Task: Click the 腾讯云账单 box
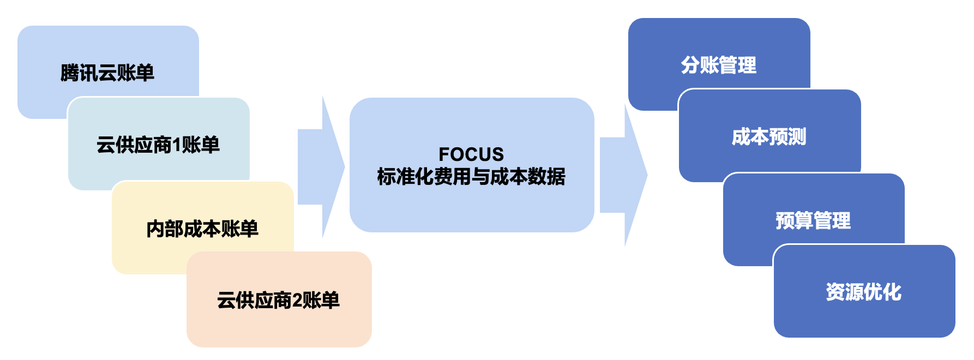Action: (107, 72)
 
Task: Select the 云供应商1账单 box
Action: (158, 145)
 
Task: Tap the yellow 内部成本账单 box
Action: (202, 229)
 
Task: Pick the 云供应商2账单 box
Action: (279, 300)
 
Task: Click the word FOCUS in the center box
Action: (471, 154)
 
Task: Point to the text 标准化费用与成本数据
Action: (471, 177)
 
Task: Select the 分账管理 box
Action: (718, 64)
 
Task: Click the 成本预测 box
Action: (769, 136)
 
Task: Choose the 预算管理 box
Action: (813, 220)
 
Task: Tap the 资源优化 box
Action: (864, 292)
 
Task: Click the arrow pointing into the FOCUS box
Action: (322, 167)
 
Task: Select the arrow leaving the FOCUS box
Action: (624, 175)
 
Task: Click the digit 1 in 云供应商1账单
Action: (176, 145)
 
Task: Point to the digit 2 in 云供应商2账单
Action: (297, 301)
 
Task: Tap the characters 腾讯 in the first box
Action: (79, 73)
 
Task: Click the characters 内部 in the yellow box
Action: (165, 229)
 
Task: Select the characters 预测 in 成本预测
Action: (787, 136)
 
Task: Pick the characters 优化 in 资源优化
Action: (883, 292)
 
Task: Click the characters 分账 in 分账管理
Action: (700, 65)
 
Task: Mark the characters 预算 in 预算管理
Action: (794, 220)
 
